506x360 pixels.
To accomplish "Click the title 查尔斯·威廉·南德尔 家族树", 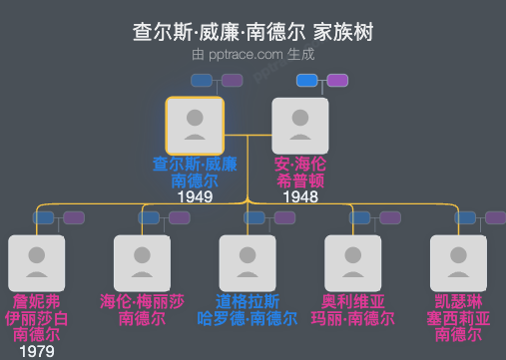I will tap(253, 32).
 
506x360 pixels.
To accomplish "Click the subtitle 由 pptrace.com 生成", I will tap(253, 54).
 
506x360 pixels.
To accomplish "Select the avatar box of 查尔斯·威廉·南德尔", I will tap(195, 125).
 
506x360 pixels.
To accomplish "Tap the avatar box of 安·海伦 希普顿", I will tap(300, 125).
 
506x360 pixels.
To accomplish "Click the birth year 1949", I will tap(195, 197).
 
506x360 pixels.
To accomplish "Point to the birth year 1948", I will tap(300, 197).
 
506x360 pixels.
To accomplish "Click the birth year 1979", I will tap(36, 351).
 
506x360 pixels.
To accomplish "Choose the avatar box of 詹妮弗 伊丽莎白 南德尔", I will tap(36, 263).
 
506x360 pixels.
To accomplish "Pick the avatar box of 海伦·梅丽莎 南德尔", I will tap(142, 263).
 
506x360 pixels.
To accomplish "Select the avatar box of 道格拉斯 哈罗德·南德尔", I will tap(248, 263).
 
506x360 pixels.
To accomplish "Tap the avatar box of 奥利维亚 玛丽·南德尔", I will tap(353, 263).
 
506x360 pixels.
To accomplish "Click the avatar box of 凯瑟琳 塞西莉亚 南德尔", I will tap(458, 263).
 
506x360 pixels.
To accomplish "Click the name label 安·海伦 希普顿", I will tap(300, 172).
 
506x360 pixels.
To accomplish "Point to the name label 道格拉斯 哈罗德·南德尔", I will tap(248, 309).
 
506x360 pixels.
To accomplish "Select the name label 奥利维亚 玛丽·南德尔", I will tap(353, 309).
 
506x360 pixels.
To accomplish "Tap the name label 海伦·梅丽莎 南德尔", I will tap(142, 309).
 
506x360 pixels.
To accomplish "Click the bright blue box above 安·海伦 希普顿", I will tap(306, 80).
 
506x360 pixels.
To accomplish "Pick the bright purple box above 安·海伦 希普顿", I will tap(337, 80).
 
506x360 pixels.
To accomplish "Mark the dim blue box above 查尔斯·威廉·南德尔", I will tap(201, 80).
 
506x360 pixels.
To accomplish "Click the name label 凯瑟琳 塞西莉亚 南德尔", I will tap(458, 317).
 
